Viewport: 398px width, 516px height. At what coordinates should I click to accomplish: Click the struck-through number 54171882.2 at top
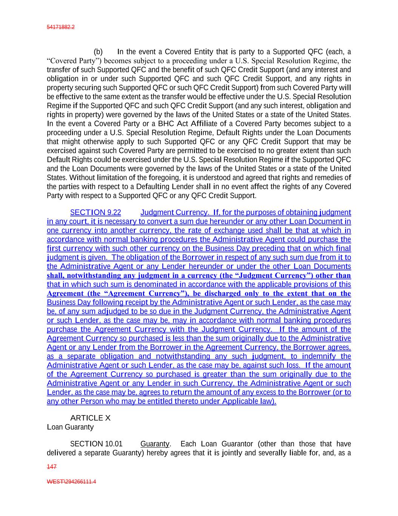[60, 27]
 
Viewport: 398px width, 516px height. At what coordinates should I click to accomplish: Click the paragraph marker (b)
[98, 52]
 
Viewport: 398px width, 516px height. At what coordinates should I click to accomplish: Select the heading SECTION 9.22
[95, 212]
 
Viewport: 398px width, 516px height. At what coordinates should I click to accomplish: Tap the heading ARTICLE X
[90, 418]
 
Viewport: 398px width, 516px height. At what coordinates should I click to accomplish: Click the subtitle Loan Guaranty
[70, 427]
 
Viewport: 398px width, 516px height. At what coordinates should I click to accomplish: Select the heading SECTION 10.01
[96, 444]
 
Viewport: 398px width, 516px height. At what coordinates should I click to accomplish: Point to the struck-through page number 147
[52, 467]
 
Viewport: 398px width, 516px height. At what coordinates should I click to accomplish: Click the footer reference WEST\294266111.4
[71, 482]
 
